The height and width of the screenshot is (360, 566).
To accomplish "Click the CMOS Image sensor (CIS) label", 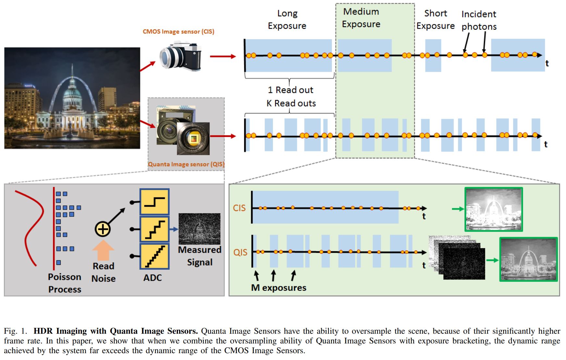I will point(178,31).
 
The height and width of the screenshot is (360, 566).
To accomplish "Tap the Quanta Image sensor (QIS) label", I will point(186,164).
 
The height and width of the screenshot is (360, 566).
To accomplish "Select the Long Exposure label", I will point(287,19).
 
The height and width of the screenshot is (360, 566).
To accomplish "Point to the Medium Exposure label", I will point(361,18).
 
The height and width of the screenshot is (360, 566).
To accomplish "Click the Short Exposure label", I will point(436,19).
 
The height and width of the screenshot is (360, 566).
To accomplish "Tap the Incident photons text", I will point(479,20).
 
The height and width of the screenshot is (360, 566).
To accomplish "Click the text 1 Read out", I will point(290,90).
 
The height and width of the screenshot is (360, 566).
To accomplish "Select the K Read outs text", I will point(291,103).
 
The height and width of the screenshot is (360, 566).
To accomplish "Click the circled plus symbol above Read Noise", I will point(103,229).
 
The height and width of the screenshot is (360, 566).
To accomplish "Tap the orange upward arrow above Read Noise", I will point(103,250).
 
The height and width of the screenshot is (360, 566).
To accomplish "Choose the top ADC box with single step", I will point(154,202).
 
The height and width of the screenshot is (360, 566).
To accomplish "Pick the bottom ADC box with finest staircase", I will point(154,256).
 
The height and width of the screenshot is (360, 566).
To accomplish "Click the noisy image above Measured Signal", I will point(199,229).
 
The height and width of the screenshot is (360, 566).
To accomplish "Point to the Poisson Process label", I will point(65,283).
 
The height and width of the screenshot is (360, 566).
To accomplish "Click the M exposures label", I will point(279,288).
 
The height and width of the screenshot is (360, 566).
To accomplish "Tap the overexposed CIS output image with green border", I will point(493,209).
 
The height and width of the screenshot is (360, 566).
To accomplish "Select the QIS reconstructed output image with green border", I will point(528,259).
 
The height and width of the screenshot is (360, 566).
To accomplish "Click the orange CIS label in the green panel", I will point(239,208).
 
